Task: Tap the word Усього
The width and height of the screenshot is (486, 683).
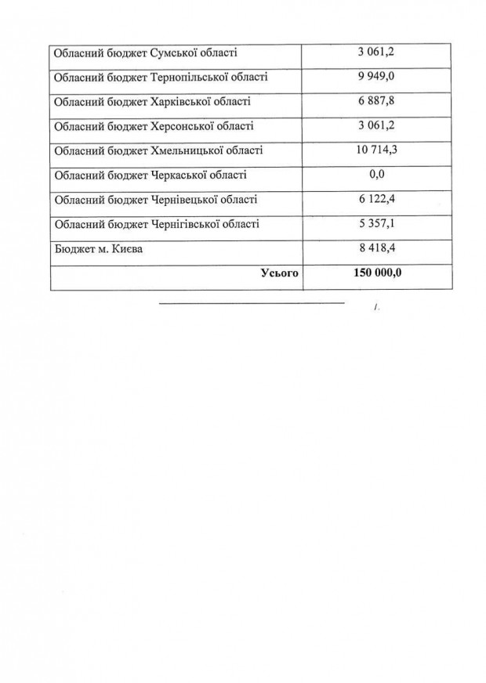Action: pos(279,274)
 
